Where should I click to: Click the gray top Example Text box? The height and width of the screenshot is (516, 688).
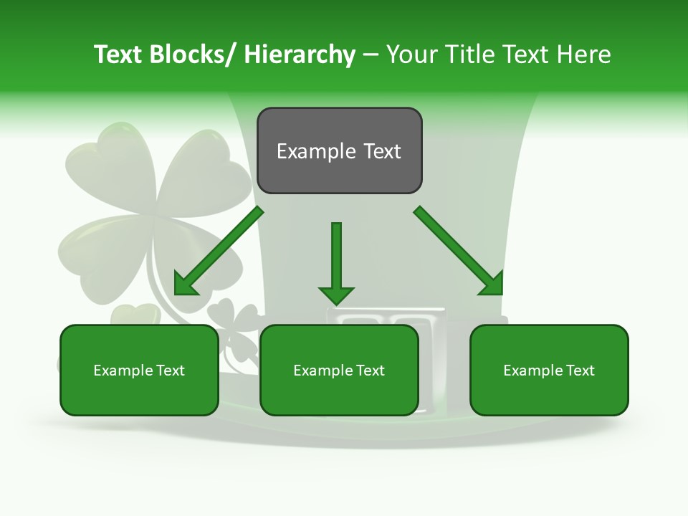(339, 150)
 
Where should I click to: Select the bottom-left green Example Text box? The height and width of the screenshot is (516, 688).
(139, 370)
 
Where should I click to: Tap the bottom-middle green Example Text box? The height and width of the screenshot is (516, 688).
(339, 370)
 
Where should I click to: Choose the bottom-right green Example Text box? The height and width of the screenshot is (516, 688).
(549, 370)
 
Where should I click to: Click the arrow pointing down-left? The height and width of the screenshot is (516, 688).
(218, 251)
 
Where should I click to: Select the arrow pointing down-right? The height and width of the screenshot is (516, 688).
(459, 251)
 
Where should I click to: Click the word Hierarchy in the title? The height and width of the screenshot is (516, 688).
(300, 54)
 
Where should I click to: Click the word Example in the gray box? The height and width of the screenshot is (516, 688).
(313, 151)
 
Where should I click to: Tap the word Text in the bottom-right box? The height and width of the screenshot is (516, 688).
(579, 371)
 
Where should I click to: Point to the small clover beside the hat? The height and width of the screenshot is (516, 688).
(233, 322)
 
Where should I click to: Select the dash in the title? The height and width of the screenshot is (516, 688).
(371, 54)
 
